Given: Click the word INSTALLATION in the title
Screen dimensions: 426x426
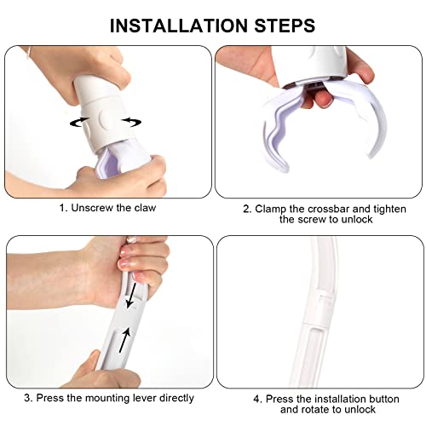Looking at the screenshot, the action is pyautogui.click(x=179, y=26).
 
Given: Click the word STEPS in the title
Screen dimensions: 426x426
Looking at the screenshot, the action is pyautogui.click(x=285, y=26).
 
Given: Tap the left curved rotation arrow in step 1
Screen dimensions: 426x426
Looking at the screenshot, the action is pyautogui.click(x=79, y=122).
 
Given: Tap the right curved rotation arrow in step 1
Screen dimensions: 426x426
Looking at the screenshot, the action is pyautogui.click(x=131, y=122).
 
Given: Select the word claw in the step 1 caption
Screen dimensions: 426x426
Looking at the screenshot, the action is pyautogui.click(x=145, y=208).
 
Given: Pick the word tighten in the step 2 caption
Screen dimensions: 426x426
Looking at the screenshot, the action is pyautogui.click(x=389, y=209).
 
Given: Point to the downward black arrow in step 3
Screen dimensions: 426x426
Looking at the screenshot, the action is pyautogui.click(x=131, y=295).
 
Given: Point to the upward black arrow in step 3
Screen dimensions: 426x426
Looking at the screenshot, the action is pyautogui.click(x=125, y=340).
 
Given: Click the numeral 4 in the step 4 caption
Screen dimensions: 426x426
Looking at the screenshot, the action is pyautogui.click(x=257, y=400).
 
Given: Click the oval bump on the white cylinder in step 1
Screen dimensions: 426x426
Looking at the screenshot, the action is pyautogui.click(x=104, y=119).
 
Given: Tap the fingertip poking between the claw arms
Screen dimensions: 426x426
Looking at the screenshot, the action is pyautogui.click(x=324, y=100).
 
